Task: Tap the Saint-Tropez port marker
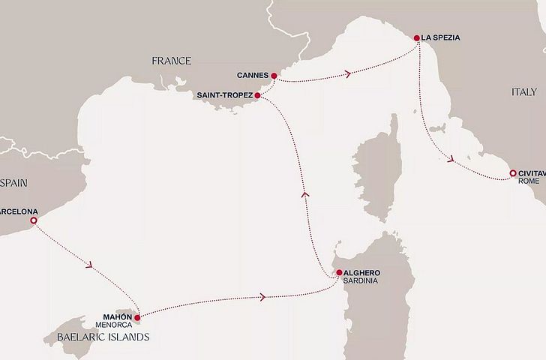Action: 257,96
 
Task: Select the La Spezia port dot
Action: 417,37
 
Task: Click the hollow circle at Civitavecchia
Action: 513,174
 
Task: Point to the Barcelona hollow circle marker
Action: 33,220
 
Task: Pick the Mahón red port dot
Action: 137,318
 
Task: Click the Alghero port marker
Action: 339,272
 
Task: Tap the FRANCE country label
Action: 171,61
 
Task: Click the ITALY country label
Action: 523,91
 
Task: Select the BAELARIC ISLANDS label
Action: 102,337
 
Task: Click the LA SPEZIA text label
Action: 441,37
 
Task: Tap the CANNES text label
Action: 252,76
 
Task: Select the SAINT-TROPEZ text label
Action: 224,96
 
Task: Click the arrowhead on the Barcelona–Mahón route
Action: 91,265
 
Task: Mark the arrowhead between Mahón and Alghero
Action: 262,297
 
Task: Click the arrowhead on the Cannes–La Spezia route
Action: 348,73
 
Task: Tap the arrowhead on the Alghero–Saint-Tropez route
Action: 304,193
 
